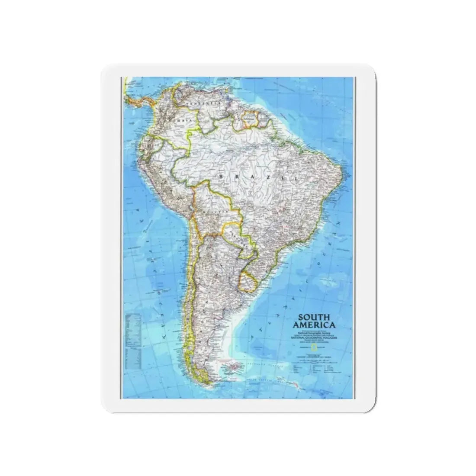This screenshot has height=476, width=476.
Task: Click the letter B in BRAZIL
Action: (221, 176)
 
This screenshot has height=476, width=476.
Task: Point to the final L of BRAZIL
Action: (296, 178)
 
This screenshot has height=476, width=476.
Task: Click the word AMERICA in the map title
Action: (315, 325)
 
